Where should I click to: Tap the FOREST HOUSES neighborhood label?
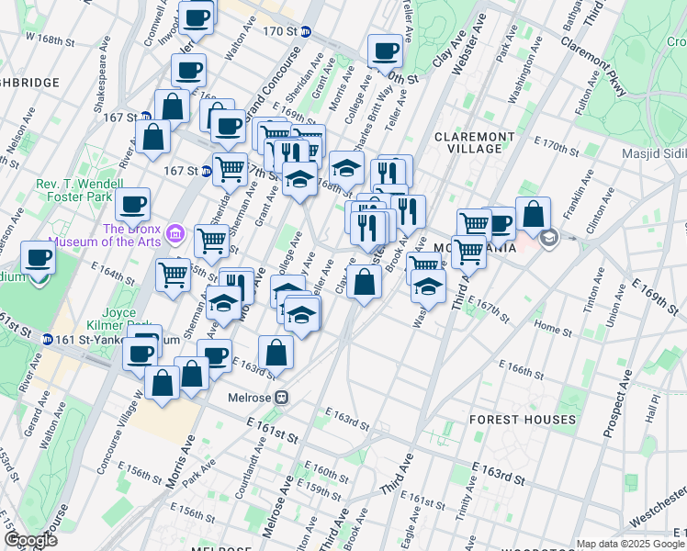pyautogui.click(x=522, y=420)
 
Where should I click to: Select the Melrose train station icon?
pyautogui.click(x=283, y=398)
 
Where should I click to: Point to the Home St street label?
pyautogui.click(x=553, y=328)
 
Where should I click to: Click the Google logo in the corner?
pyautogui.click(x=30, y=540)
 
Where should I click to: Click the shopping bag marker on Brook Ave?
pyautogui.click(x=365, y=282)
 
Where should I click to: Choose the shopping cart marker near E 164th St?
pyautogui.click(x=173, y=273)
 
